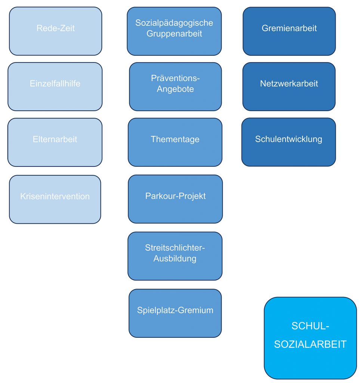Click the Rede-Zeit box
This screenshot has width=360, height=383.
(x=55, y=31)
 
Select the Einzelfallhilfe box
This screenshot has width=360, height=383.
(x=55, y=87)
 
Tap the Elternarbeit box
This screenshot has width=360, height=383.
(x=55, y=143)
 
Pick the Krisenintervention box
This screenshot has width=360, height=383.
(x=55, y=199)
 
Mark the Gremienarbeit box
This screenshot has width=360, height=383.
(x=289, y=31)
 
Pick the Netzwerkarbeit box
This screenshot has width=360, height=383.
(x=289, y=87)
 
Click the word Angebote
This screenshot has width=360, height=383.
(x=175, y=89)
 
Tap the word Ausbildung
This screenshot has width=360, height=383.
(x=175, y=258)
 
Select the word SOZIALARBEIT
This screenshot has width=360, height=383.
(x=310, y=344)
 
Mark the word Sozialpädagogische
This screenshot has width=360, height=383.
(x=174, y=23)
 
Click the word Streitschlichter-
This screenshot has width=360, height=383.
(x=175, y=248)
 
